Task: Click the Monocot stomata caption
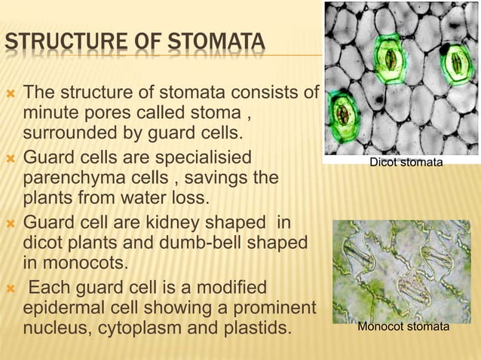point(403,327)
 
